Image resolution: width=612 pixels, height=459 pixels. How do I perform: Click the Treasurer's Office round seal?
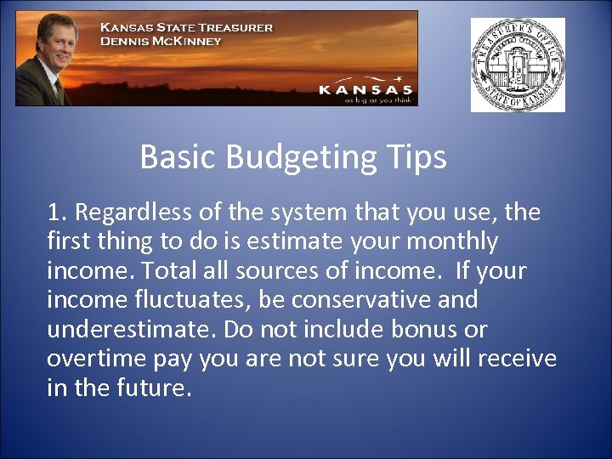518,65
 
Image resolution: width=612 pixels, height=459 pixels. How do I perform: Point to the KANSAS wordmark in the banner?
365,88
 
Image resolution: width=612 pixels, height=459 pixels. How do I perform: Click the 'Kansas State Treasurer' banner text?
186,27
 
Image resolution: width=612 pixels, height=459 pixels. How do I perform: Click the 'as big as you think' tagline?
377,99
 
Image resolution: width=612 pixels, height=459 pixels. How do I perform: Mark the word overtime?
97,359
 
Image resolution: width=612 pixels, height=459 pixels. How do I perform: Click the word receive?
517,359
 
